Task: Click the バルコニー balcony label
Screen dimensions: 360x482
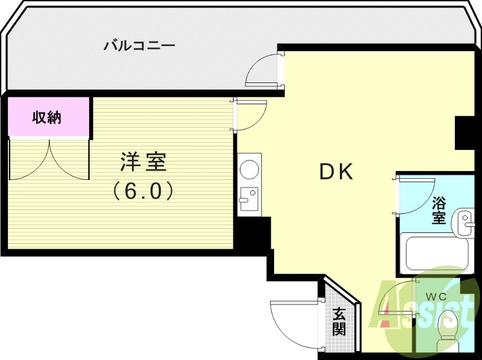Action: [x=139, y=45]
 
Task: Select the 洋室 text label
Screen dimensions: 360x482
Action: [x=143, y=163]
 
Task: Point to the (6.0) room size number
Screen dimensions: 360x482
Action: [x=143, y=191]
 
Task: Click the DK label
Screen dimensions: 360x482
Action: [x=336, y=172]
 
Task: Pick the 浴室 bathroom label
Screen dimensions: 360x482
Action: [x=439, y=210]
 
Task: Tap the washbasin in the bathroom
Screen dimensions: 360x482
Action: [x=465, y=223]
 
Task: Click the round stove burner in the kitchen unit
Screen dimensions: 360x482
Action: [x=248, y=170]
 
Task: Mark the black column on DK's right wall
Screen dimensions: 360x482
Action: [x=465, y=133]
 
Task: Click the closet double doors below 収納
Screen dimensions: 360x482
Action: [x=48, y=160]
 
